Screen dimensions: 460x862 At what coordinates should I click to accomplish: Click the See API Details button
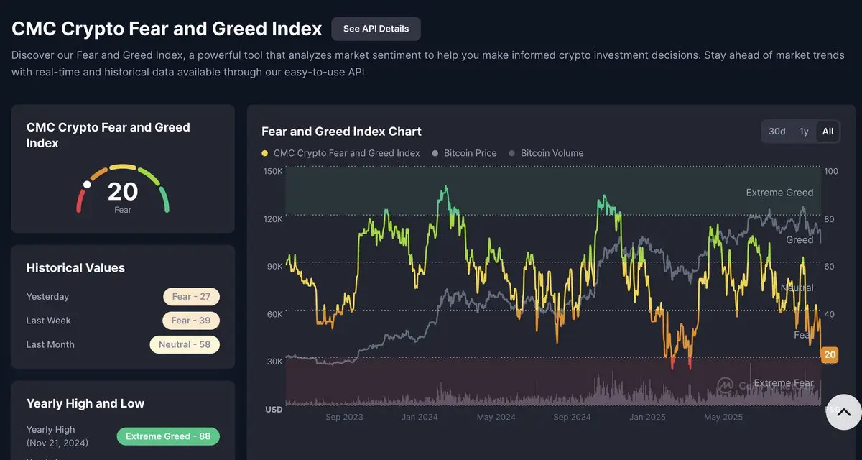pyautogui.click(x=376, y=29)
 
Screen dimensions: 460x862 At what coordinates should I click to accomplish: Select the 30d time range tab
pyautogui.click(x=777, y=132)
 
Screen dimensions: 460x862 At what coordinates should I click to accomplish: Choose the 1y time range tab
pyautogui.click(x=804, y=132)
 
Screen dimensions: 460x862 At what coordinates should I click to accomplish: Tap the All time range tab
pyautogui.click(x=828, y=132)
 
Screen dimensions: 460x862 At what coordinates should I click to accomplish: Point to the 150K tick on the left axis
pyautogui.click(x=273, y=172)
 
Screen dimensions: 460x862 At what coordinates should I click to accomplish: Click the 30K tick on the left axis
pyautogui.click(x=274, y=362)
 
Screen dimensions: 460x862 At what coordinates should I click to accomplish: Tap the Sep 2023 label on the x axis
pyautogui.click(x=344, y=417)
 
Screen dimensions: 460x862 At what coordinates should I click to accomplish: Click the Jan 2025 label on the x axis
pyautogui.click(x=646, y=417)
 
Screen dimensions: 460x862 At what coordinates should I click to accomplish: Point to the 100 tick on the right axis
pyautogui.click(x=831, y=172)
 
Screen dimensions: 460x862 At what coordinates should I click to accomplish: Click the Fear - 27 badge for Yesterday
pyautogui.click(x=191, y=297)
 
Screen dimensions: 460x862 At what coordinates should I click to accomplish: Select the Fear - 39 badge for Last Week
pyautogui.click(x=191, y=321)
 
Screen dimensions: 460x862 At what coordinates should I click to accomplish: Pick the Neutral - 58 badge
pyautogui.click(x=185, y=344)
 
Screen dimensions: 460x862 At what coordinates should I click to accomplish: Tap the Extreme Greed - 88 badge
pyautogui.click(x=168, y=436)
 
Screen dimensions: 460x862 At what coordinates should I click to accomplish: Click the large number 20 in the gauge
pyautogui.click(x=123, y=192)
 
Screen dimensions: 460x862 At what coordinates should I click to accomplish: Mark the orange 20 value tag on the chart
pyautogui.click(x=830, y=354)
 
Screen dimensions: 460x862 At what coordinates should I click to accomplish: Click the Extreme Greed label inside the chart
pyautogui.click(x=779, y=193)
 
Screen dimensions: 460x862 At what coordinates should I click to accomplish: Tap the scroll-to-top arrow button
pyautogui.click(x=843, y=412)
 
